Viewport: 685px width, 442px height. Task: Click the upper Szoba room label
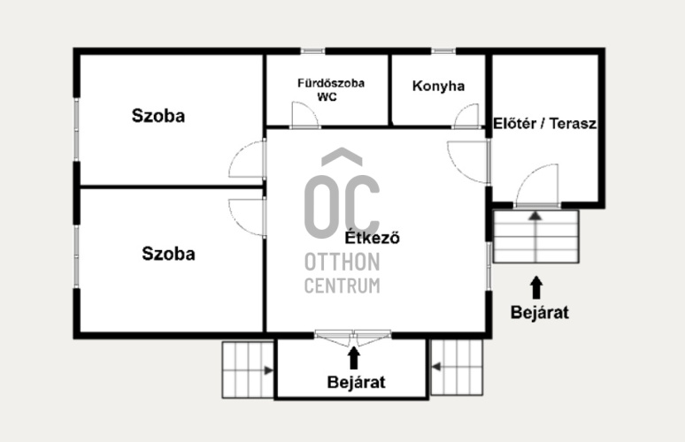[x=158, y=116]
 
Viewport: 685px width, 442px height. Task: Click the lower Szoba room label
[x=168, y=254]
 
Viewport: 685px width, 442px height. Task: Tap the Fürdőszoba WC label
[x=331, y=90]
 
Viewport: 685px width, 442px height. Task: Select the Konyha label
[x=438, y=86]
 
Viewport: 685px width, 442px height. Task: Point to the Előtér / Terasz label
[x=544, y=124]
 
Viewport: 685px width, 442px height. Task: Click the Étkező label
[x=373, y=238]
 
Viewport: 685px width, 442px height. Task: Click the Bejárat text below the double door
[x=356, y=382]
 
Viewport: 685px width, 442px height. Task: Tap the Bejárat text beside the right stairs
[x=540, y=312]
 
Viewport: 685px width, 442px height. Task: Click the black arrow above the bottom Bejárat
[x=354, y=357]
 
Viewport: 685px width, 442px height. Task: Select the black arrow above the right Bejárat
[x=536, y=287]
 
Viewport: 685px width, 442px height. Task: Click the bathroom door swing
[x=305, y=115]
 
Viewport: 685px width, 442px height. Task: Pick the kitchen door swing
[x=467, y=116]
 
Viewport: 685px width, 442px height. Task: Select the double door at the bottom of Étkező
[x=353, y=338]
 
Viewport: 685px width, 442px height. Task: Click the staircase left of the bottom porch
[x=248, y=370]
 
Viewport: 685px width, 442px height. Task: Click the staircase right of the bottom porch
[x=457, y=368]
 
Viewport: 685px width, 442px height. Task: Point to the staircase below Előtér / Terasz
[x=536, y=237]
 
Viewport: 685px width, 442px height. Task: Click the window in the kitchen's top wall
[x=443, y=51]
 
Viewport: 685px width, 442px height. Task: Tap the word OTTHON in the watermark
[x=342, y=262]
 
